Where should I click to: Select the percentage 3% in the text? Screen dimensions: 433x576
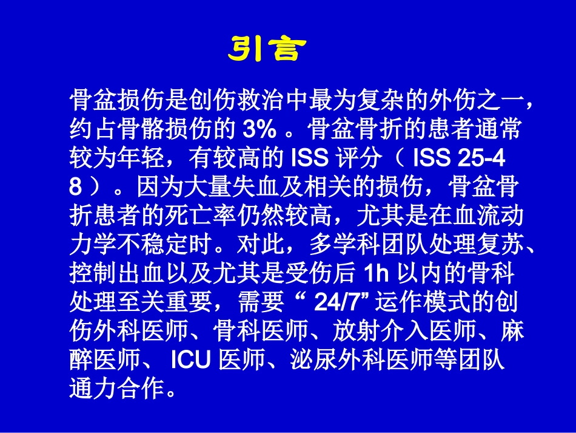[x=260, y=129]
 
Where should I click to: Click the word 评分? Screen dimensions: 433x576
[x=358, y=159]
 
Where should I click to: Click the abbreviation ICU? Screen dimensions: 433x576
[x=190, y=360]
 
